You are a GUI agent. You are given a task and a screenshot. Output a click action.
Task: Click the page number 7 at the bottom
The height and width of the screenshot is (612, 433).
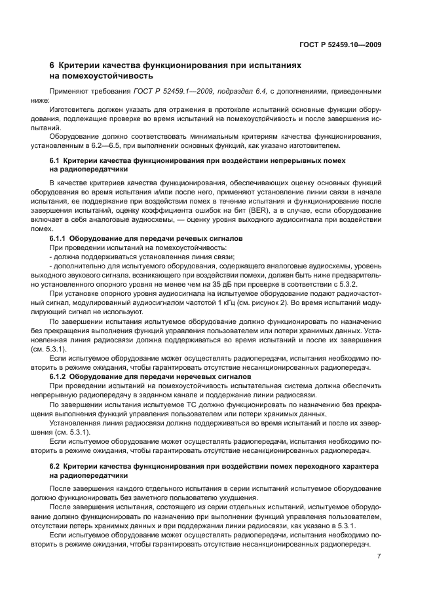(x=379, y=556)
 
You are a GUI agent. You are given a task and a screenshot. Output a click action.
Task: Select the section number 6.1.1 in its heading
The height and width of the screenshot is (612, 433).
(x=59, y=240)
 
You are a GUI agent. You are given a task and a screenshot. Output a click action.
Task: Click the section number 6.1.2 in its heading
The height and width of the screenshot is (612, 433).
(x=59, y=378)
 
